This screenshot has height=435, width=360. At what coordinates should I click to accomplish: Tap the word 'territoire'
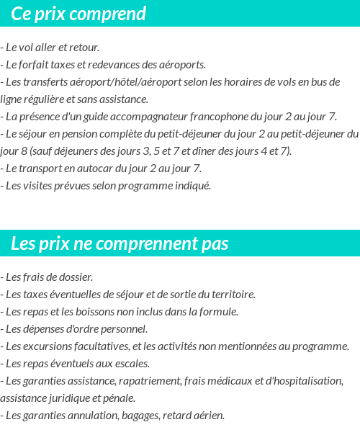232,295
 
